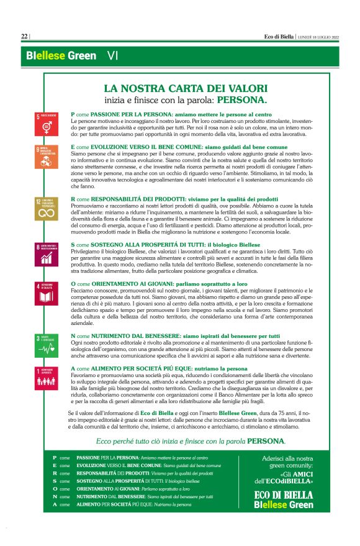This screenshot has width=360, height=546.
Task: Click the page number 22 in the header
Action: point(24,37)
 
